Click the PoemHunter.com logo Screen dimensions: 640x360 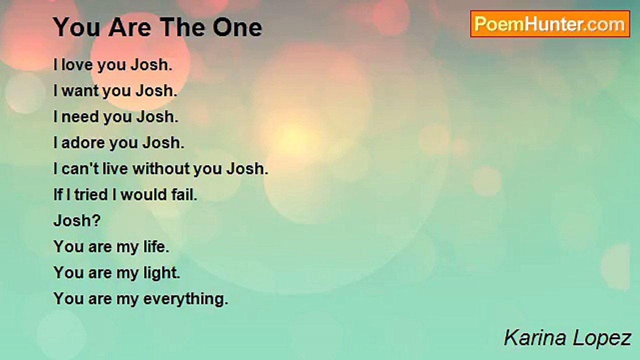click(550, 24)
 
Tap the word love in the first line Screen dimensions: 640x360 click(77, 64)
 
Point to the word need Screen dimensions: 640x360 click(80, 116)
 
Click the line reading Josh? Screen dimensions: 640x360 click(77, 220)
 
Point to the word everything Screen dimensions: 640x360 click(185, 299)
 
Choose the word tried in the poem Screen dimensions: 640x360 click(91, 194)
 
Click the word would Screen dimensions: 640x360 click(143, 194)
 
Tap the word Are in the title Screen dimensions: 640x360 click(129, 27)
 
